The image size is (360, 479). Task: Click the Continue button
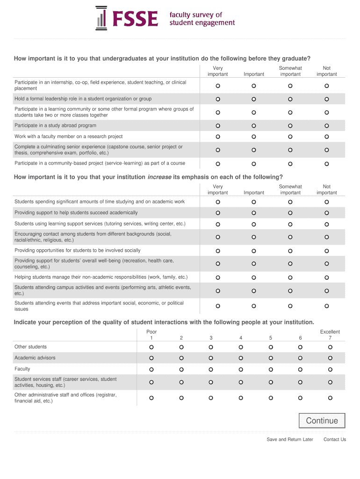tap(322, 421)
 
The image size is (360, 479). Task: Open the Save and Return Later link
tap(290, 440)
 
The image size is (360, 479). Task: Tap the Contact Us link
tap(335, 440)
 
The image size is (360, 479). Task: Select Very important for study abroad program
tap(218, 126)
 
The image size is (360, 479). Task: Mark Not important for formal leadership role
tap(327, 99)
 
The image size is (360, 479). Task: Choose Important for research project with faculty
tap(254, 137)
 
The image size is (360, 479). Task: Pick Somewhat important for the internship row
tap(290, 86)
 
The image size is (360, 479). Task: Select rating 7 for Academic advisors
tap(330, 358)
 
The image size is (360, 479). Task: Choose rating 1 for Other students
tap(151, 347)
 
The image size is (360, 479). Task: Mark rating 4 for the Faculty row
tap(241, 369)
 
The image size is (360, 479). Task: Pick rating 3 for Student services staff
tap(211, 382)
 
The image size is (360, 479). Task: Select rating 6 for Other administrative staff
tap(300, 398)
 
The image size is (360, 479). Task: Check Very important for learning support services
tap(218, 224)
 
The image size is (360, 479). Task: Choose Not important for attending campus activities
tap(327, 290)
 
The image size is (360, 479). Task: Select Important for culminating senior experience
tap(254, 150)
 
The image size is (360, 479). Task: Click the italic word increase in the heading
tap(159, 177)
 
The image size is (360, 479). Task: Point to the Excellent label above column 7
tap(330, 332)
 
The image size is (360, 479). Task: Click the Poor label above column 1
tap(151, 332)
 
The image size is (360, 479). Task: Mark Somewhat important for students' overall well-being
tap(290, 264)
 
